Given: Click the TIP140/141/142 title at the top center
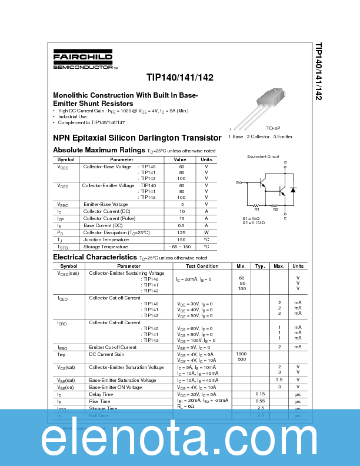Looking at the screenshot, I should click(180, 77).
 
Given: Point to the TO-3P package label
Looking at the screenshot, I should click(273, 128).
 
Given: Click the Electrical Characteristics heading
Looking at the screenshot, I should click(95, 257).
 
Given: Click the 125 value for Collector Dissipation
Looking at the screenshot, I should click(182, 232).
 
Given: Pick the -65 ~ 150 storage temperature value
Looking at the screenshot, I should click(182, 247).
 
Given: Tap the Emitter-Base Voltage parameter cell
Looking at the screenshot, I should click(105, 204).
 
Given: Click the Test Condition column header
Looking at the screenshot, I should click(202, 266).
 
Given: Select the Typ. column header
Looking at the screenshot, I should click(260, 266).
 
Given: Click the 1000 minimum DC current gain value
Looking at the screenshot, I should click(241, 353).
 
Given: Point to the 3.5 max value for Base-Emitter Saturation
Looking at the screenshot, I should click(279, 380).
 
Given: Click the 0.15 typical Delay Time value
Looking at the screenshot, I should click(260, 394).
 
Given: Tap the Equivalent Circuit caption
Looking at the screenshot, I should click(263, 157).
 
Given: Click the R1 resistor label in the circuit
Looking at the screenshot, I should click(256, 209).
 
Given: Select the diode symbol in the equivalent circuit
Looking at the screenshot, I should click(293, 190).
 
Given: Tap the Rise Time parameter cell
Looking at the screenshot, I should click(99, 401).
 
